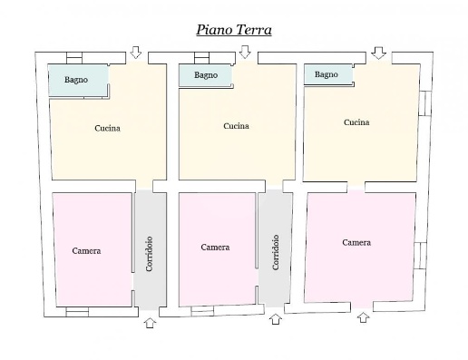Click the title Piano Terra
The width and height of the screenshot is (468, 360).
coord(234,30)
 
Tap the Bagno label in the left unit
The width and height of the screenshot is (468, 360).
coord(76,80)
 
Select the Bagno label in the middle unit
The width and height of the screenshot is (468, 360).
coord(206,75)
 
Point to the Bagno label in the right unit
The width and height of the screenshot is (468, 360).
coord(327,74)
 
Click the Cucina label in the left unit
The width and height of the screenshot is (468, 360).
coord(107,128)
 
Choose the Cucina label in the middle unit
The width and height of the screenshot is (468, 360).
coord(236,126)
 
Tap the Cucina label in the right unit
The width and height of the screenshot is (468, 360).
coord(356,122)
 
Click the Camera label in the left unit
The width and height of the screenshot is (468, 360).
coord(86,251)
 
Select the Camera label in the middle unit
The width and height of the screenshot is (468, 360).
coord(215,248)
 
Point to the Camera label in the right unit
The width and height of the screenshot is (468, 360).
coord(356,243)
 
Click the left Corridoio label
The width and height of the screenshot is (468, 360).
coord(149,254)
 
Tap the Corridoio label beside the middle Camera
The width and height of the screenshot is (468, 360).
coord(276,252)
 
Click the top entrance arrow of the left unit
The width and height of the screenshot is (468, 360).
coord(136,53)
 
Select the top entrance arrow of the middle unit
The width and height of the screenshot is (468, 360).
coord(245,52)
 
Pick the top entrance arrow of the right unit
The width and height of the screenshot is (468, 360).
coord(378,53)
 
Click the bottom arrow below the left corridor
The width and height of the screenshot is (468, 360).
coord(150,323)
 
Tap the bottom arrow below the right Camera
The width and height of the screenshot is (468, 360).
coord(363,317)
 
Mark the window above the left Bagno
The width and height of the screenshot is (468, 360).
coord(74,58)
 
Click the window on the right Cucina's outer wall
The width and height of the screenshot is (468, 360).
coord(425,103)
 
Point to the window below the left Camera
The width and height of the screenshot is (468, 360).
coord(77,312)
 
